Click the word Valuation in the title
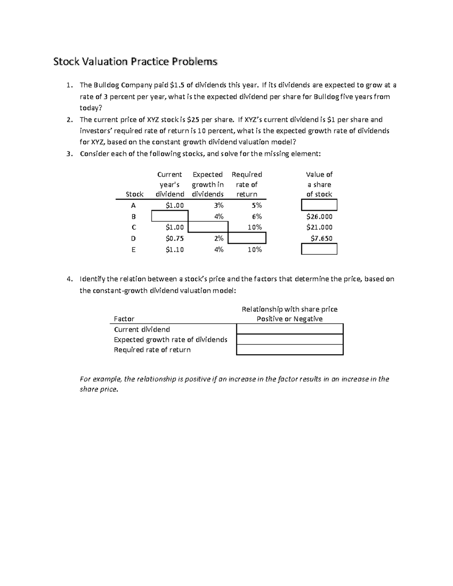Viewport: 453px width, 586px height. tap(105, 62)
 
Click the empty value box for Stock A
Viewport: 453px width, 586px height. tap(319, 205)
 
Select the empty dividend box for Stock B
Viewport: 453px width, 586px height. tap(169, 216)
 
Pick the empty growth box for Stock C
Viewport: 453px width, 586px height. tap(208, 227)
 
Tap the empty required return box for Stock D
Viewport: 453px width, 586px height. tap(247, 238)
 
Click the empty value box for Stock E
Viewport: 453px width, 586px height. tap(319, 249)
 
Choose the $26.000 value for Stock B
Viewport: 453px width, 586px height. tap(319, 217)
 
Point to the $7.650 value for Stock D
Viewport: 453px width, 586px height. tap(321, 238)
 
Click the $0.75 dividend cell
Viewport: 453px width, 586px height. tap(174, 238)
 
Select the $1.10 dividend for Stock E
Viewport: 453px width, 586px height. tap(174, 249)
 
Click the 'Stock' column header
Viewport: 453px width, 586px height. tap(134, 194)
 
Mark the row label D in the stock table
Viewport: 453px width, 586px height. tap(133, 238)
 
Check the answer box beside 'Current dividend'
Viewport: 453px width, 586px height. tap(290, 329)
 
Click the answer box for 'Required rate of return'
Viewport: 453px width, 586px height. tap(290, 350)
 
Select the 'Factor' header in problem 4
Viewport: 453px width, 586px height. tap(124, 319)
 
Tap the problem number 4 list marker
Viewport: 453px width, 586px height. tap(69, 279)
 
